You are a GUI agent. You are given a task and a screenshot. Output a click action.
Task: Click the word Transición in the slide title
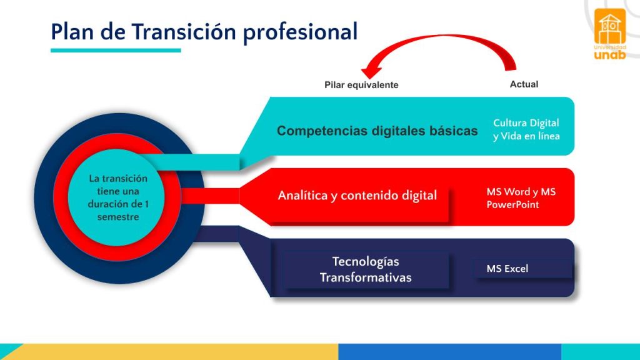184,31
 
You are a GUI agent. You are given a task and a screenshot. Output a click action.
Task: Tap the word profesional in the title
301,32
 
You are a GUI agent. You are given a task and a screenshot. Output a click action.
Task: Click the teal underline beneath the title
116,50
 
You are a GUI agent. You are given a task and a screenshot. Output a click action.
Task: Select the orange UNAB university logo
610,34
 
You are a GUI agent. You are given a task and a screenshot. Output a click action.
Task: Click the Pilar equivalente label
361,85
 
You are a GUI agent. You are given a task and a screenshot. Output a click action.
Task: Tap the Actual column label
524,84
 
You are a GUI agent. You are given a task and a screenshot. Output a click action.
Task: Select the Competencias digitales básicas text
377,131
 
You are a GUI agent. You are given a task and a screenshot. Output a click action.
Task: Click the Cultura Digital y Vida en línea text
526,129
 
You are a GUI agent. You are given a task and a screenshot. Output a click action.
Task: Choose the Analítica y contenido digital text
357,196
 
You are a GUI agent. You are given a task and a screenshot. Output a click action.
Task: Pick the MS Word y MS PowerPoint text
521,198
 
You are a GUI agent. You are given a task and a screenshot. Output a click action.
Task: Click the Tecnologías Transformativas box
366,269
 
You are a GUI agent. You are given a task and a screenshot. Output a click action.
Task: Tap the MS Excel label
507,269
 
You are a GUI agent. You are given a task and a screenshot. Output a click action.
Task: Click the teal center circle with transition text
118,197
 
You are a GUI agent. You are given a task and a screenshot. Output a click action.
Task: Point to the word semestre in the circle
118,217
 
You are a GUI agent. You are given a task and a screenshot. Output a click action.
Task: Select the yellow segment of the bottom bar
175,352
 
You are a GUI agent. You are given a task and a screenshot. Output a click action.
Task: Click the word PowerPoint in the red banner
512,204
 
